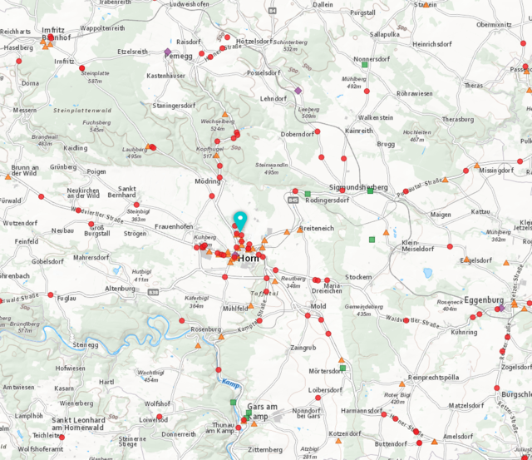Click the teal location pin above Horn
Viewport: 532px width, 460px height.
coord(240,220)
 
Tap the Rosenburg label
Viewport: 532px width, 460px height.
coord(206,329)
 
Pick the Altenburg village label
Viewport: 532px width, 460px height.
coord(121,288)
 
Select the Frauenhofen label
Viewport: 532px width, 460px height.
coord(174,226)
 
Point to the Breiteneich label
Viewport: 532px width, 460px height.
coord(317,227)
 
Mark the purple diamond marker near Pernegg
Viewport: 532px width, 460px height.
coord(168,52)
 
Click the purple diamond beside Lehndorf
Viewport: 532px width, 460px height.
coord(298,90)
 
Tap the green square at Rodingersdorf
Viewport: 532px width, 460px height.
coord(308,194)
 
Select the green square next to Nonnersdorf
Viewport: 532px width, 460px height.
coord(365,64)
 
